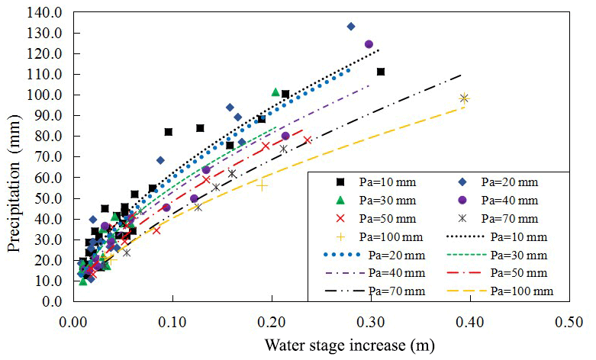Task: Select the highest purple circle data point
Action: point(369,44)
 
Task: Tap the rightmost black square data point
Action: point(381,72)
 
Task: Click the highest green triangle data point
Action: point(276,92)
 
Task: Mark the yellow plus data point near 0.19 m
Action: point(263,185)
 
